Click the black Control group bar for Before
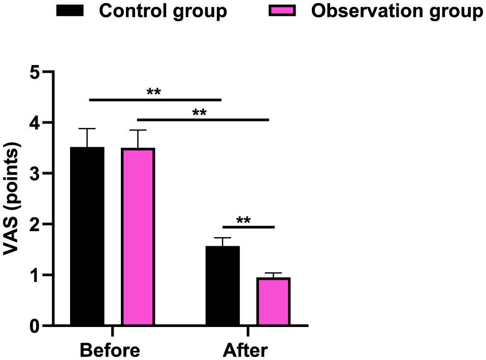[87, 236]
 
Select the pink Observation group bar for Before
[138, 237]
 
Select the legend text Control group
[163, 11]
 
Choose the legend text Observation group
[396, 11]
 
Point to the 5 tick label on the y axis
[34, 72]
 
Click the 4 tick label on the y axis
[34, 123]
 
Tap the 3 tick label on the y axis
[34, 174]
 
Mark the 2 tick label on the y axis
[34, 224]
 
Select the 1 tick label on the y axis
[34, 275]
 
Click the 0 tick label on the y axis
[34, 325]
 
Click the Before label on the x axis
[110, 350]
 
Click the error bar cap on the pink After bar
[273, 273]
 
